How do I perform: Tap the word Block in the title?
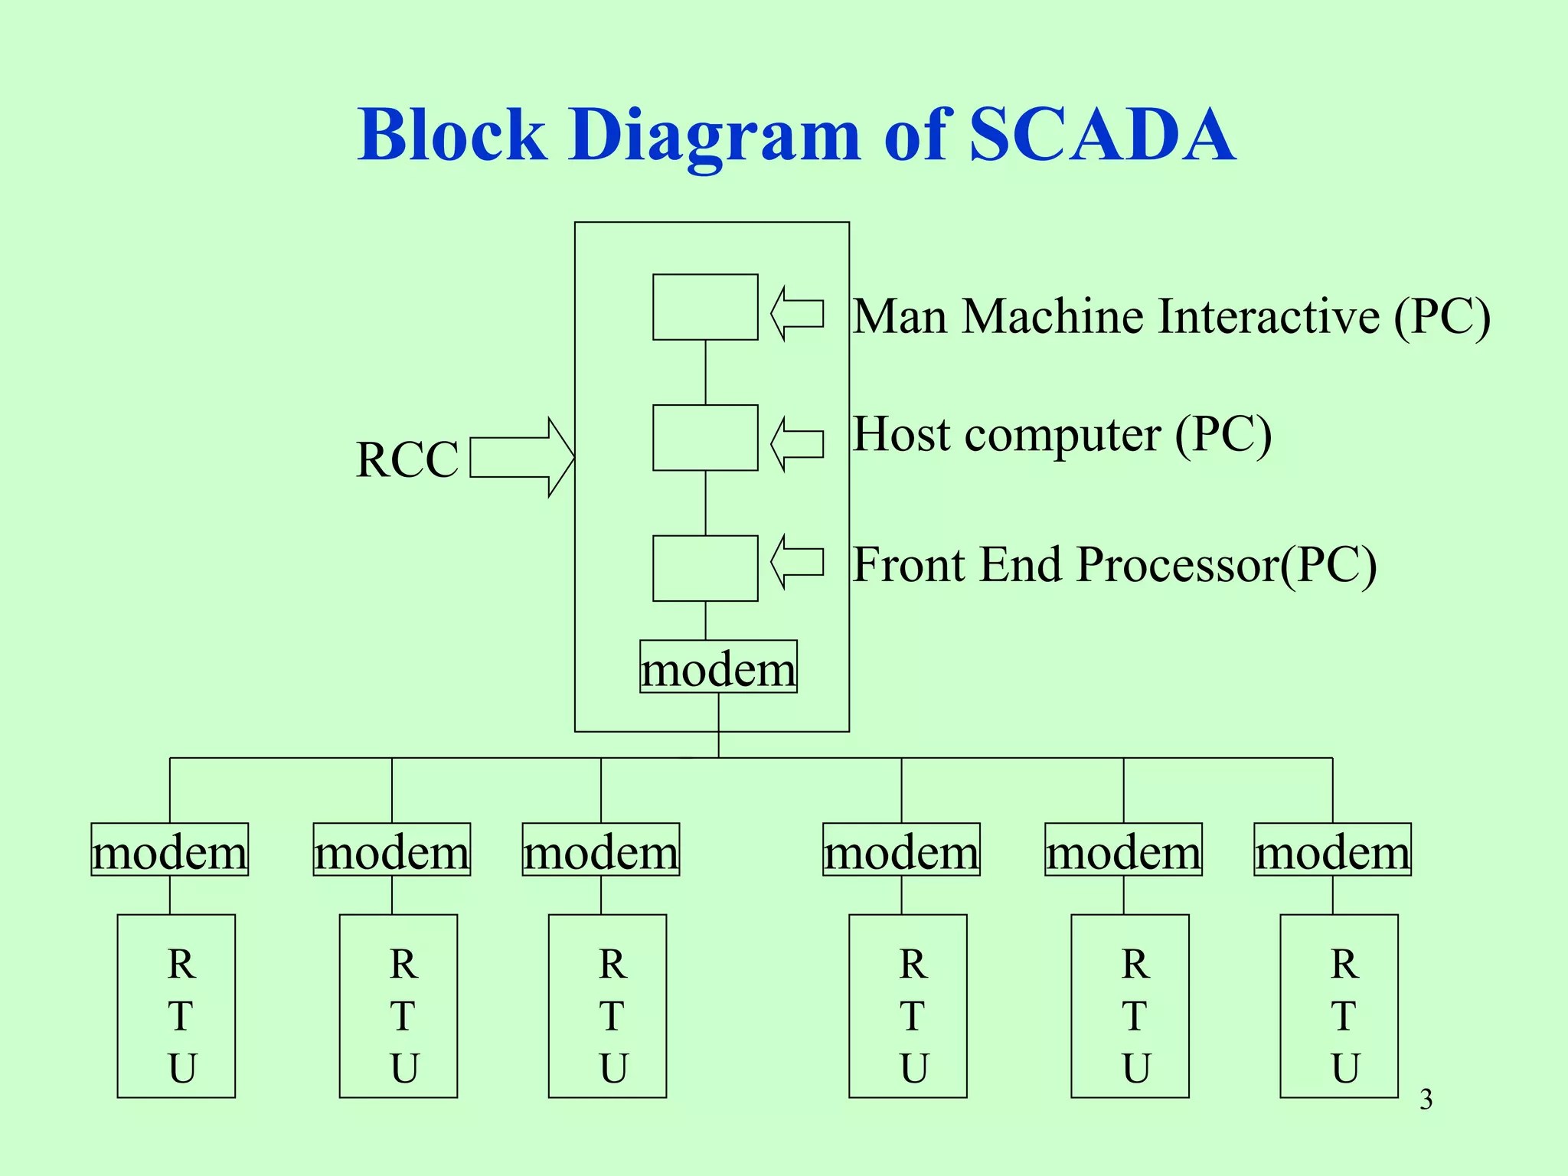click(452, 136)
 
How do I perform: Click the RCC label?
click(407, 460)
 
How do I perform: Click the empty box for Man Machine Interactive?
click(705, 307)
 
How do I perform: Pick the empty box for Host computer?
click(705, 438)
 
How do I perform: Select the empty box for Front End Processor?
click(705, 568)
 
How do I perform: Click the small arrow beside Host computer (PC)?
click(796, 443)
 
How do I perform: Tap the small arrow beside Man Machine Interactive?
click(796, 313)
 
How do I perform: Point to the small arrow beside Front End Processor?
click(796, 562)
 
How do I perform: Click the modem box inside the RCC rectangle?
click(718, 667)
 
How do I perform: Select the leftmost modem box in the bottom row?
click(170, 850)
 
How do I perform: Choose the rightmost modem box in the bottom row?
click(1332, 850)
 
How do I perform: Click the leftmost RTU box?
click(176, 1006)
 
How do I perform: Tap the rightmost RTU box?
click(1339, 1006)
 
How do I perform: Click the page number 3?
click(1426, 1099)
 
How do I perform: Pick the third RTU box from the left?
click(607, 1006)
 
